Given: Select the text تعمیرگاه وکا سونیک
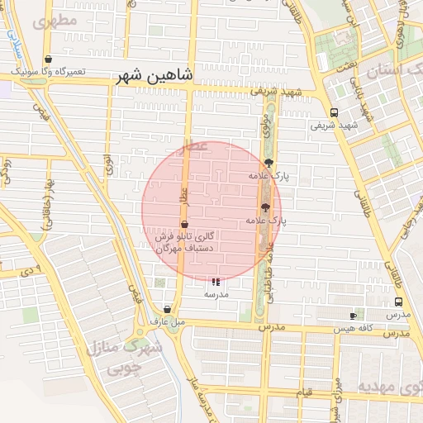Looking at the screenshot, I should [49, 73].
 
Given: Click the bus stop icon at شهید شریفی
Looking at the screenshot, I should [334, 113].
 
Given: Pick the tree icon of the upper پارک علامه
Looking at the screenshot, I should [267, 163].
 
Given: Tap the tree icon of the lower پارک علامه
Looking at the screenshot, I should [265, 208].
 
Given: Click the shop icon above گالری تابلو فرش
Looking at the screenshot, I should [183, 224].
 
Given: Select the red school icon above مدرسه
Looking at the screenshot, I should [216, 282].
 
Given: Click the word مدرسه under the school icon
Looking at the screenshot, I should [216, 294].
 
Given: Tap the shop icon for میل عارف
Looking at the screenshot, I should [167, 309].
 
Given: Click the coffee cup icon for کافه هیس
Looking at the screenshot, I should [354, 316].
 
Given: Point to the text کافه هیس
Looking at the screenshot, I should [354, 328].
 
